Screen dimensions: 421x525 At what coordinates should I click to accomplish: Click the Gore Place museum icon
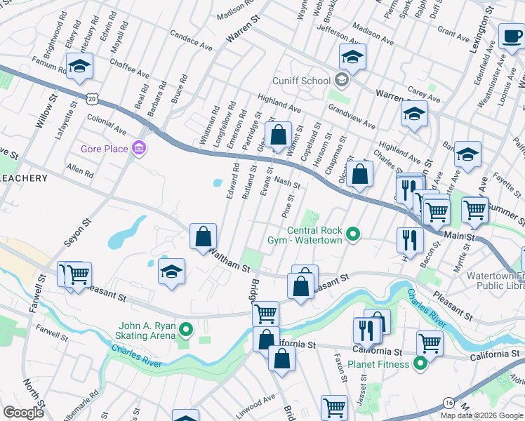tap(139, 149)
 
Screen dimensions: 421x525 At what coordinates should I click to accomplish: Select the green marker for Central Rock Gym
tap(353, 234)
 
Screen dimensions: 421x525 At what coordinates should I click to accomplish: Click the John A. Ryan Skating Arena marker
tap(186, 328)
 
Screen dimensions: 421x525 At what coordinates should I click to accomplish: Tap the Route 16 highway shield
tap(448, 402)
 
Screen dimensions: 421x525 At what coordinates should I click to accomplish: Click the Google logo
tap(23, 413)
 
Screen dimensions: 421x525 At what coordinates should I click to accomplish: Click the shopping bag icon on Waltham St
tap(203, 236)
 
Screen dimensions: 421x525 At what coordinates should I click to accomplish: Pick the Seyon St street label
tap(79, 232)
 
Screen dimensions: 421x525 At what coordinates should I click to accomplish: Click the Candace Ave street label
tap(190, 41)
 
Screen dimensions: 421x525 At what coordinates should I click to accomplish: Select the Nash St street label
tap(287, 182)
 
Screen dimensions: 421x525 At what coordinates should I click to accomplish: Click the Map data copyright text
tap(481, 415)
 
